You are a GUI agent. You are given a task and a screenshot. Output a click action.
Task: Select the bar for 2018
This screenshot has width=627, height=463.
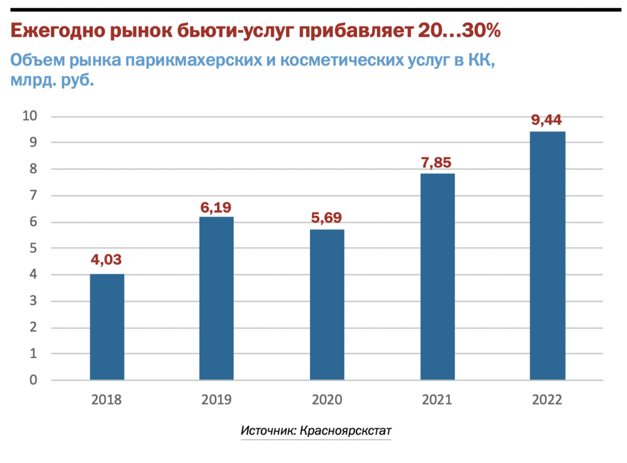[x=107, y=327]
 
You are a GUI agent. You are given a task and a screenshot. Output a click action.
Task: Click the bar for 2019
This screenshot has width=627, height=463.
[x=216, y=298]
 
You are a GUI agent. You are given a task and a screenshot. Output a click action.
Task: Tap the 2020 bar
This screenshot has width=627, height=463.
[x=326, y=304]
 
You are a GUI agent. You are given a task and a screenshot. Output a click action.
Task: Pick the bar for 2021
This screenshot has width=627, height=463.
[x=437, y=276]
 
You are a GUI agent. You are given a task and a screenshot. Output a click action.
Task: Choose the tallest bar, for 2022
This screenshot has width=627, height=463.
[x=547, y=256]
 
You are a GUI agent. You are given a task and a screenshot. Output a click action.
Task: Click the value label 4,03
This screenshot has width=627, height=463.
[x=106, y=260]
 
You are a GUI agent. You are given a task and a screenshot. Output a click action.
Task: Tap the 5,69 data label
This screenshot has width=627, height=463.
[x=326, y=218]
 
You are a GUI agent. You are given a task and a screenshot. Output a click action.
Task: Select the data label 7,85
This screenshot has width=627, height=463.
[x=437, y=163]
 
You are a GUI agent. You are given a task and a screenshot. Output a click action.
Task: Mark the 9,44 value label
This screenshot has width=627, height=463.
[x=547, y=120]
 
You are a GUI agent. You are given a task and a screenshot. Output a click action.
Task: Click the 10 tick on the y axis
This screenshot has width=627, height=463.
[x=30, y=116]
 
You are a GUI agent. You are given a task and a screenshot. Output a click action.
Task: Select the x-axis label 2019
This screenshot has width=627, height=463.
[x=216, y=399]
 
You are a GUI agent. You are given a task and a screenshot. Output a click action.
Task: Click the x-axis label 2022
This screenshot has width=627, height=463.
[x=547, y=399]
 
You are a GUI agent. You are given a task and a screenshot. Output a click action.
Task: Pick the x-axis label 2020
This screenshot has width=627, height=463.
[x=326, y=399]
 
